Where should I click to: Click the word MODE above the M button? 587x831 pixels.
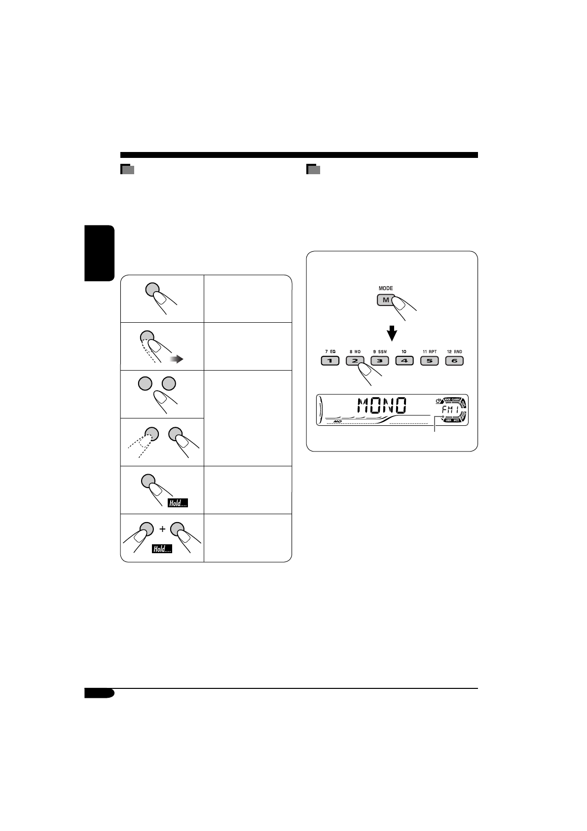click(386, 288)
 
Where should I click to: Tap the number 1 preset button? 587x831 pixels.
click(330, 361)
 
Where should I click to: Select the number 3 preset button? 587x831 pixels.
click(380, 361)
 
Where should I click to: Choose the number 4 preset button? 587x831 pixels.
click(404, 361)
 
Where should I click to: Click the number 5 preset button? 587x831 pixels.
click(429, 361)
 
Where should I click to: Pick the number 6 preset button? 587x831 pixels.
click(454, 361)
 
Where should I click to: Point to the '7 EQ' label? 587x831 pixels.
click(330, 352)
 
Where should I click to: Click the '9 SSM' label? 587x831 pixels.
click(380, 352)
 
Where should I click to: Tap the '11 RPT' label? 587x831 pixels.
click(429, 352)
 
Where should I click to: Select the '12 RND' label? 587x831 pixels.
click(454, 352)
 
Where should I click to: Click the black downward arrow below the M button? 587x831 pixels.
click(392, 334)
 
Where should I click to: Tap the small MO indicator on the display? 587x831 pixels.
click(337, 422)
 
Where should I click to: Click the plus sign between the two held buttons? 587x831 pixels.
click(162, 529)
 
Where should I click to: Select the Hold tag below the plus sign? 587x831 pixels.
click(162, 549)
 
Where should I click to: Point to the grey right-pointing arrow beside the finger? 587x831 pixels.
click(176, 360)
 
